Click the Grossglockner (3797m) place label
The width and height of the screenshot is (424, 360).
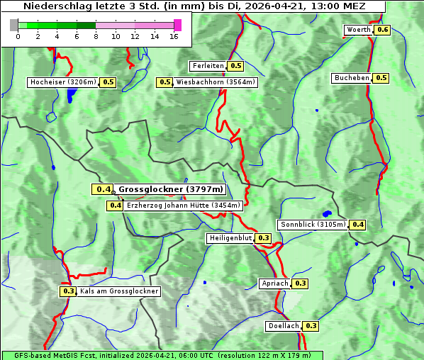coord(170,189)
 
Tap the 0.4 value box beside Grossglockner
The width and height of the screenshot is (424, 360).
coord(103,189)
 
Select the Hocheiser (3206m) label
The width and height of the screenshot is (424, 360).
coord(62,82)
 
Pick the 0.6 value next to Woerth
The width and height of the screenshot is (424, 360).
coord(383,30)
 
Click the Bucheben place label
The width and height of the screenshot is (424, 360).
coord(352,78)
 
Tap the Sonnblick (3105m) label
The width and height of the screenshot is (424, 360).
coord(313,225)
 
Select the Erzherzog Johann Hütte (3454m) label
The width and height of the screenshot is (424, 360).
coord(184,206)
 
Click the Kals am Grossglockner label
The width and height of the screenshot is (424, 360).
coord(118,291)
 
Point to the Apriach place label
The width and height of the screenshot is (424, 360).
coord(275,283)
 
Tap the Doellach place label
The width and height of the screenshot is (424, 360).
coord(284,326)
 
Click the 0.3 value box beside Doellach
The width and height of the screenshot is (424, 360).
coord(311,326)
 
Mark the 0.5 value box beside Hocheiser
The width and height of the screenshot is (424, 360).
coord(108,82)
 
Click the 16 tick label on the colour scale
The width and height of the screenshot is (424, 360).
coord(174,37)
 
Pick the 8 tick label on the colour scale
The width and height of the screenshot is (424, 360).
coord(96,37)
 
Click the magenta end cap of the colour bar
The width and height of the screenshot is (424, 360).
coord(177,25)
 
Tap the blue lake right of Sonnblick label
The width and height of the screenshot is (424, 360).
coord(326,213)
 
